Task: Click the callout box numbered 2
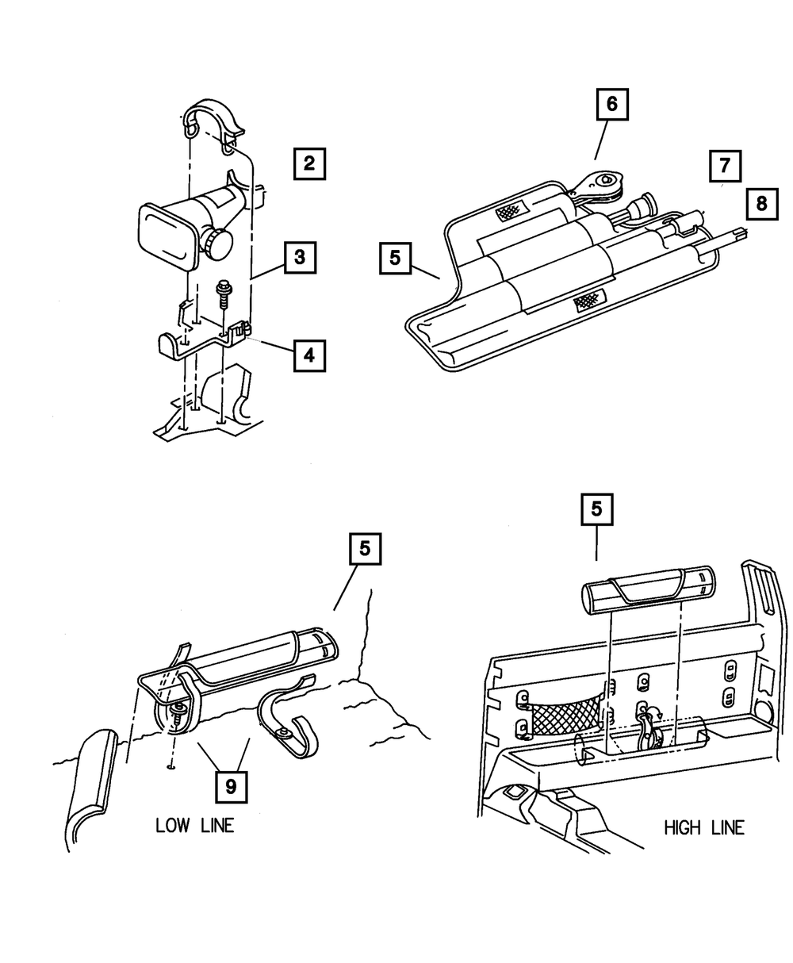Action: [x=308, y=164]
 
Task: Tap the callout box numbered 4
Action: [x=308, y=355]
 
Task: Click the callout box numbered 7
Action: [x=725, y=167]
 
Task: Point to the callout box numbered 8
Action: [x=761, y=204]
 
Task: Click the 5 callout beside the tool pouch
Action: [x=396, y=259]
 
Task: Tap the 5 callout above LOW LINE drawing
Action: [x=364, y=548]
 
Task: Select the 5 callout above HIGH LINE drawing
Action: [x=596, y=510]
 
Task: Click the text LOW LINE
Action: [x=195, y=826]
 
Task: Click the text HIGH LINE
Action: [x=704, y=828]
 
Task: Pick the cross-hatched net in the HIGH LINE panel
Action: [x=565, y=717]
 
